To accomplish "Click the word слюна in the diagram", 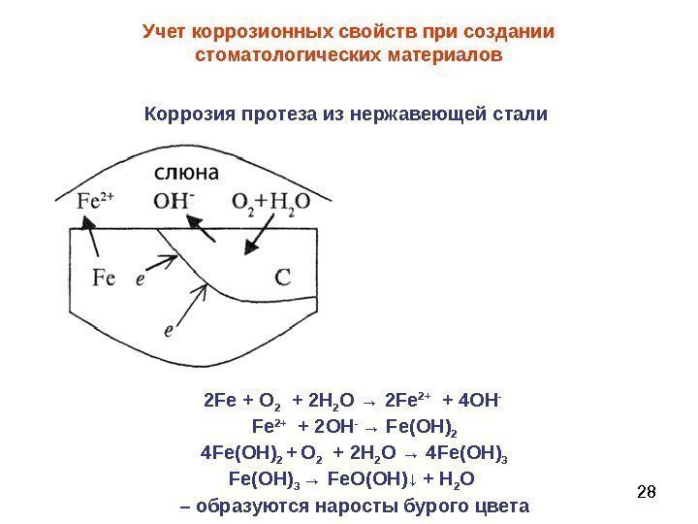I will coord(186,173).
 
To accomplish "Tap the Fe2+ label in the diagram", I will coord(97,202).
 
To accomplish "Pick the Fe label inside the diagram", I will coord(104,278).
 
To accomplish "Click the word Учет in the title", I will coord(165,32).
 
